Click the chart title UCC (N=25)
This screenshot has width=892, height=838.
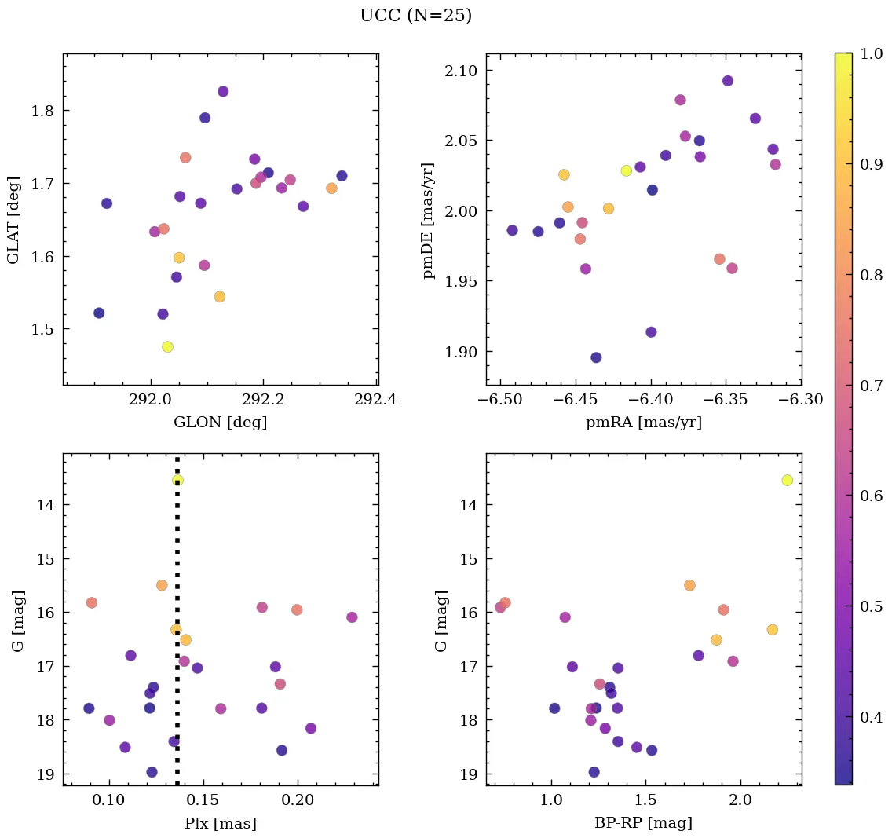415,16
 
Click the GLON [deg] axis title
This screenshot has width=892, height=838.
220,423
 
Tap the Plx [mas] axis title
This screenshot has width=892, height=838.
220,823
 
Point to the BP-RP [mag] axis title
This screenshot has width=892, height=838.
644,823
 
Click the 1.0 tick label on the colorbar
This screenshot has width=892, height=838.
870,53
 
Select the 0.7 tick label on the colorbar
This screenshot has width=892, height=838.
870,385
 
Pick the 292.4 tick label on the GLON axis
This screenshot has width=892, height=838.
375,399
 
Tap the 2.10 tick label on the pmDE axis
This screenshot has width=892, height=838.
462,71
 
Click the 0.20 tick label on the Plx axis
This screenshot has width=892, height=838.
298,800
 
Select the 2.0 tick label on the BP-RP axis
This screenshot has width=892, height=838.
740,800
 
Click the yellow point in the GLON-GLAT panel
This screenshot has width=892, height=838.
167,346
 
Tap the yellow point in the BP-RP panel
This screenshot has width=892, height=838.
787,480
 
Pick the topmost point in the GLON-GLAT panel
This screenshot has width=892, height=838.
223,91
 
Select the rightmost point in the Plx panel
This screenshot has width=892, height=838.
352,617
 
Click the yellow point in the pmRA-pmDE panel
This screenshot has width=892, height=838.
626,170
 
